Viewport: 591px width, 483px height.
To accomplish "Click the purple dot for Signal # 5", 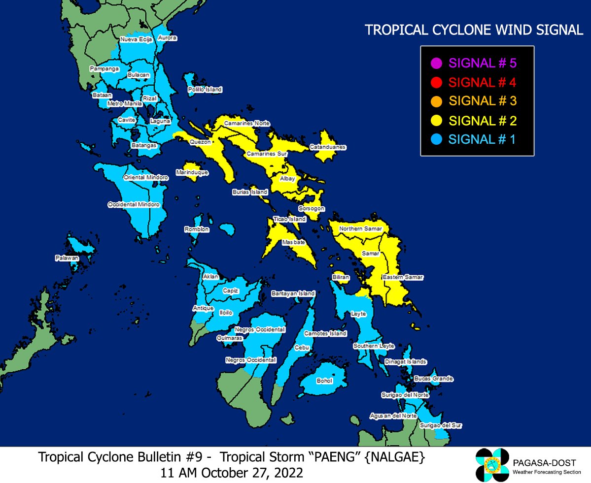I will coord(435,64).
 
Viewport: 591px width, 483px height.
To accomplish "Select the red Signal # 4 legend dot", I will coord(435,82).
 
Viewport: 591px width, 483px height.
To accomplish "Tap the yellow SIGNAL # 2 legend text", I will coord(483,121).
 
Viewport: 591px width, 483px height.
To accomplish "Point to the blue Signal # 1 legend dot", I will coord(435,140).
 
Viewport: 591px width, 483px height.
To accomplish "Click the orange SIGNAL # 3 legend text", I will coord(483,101).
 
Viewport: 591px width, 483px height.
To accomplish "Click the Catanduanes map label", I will coord(328,147).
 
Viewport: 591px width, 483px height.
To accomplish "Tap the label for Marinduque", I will coord(192,173).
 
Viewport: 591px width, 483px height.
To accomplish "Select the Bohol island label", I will coord(324,381).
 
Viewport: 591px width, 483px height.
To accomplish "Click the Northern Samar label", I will coord(358,229).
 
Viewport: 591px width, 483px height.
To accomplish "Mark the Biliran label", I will coord(341,278).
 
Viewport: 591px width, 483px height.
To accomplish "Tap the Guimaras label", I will coord(230,338).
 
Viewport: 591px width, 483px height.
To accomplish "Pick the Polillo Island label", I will coord(205,90).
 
